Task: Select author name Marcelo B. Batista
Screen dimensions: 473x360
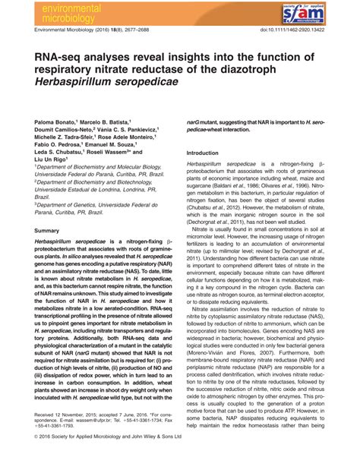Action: point(109,121)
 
